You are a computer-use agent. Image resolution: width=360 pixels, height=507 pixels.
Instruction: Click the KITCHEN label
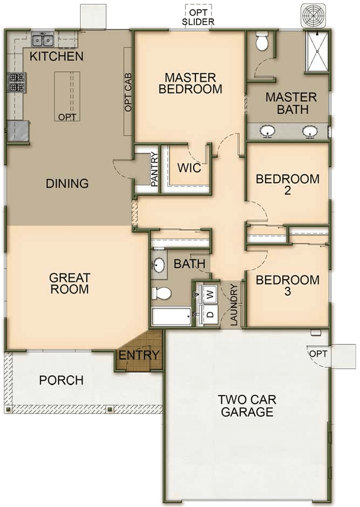pos(57,56)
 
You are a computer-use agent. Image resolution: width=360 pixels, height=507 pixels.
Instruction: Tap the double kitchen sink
pos(43,40)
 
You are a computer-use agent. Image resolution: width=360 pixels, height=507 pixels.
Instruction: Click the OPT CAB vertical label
pos(128,90)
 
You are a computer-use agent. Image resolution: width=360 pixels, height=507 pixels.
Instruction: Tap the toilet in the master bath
pos(262,40)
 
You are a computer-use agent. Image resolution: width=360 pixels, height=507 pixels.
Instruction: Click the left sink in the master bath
pos(268,131)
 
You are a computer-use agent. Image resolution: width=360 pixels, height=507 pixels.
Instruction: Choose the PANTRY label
pos(155,170)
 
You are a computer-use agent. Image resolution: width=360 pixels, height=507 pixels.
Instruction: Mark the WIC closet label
pos(189,168)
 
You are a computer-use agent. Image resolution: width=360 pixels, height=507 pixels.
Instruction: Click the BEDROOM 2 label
pos(287,184)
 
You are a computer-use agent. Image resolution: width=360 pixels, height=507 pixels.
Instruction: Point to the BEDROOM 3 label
pos(287,285)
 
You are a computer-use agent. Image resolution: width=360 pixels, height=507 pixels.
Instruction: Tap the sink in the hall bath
pos(160,264)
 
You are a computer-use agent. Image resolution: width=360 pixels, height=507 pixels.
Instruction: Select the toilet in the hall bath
pos(161,293)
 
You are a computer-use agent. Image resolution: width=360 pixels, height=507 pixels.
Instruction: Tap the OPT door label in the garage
pos(317,353)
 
